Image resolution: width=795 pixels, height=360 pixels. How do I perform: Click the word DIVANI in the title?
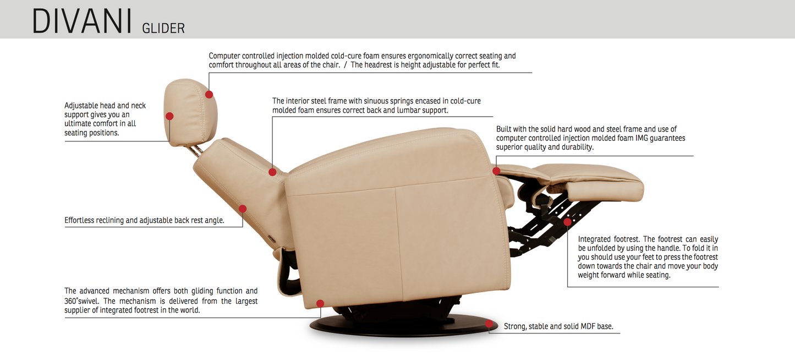tap(82, 21)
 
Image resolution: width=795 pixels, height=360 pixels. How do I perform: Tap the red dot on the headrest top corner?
tap(209, 95)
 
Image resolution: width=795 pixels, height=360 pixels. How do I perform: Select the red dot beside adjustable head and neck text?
tap(169, 116)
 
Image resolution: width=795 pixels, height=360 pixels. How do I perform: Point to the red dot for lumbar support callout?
tap(272, 172)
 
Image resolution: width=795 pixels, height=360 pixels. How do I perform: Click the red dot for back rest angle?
tap(243, 209)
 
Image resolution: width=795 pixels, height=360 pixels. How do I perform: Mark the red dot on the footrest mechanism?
tap(567, 222)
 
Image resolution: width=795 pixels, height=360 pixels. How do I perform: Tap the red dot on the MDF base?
tap(489, 324)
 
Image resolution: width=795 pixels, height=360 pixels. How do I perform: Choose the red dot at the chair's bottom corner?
tap(320, 303)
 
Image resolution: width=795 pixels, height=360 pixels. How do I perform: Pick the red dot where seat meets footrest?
tap(496, 171)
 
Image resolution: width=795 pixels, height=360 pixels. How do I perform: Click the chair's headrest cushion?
tap(190, 112)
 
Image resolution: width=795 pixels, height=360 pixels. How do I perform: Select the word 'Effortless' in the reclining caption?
tap(79, 220)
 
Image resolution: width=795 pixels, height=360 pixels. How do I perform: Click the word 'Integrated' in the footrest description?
tap(595, 239)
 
